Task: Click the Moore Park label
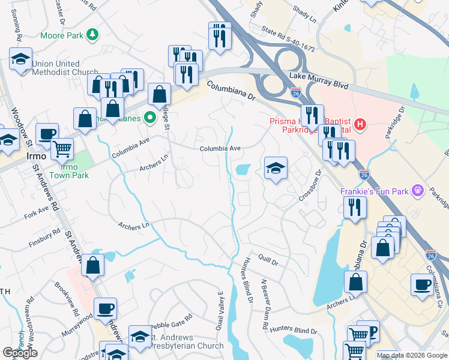(x=61, y=35)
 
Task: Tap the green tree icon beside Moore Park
(x=92, y=35)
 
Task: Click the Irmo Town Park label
(x=70, y=171)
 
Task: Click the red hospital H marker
(x=360, y=125)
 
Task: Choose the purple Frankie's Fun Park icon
(x=418, y=191)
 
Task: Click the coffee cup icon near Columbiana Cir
(x=423, y=283)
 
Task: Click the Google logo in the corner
(x=20, y=352)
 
